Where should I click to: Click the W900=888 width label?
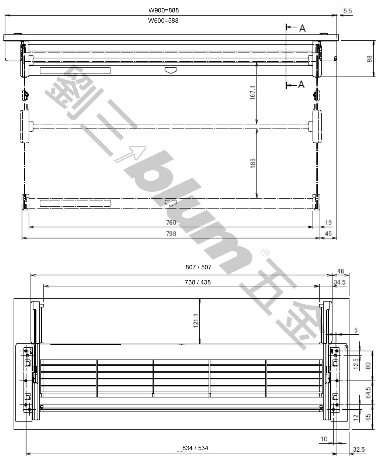(x=164, y=10)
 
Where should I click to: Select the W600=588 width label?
(x=163, y=21)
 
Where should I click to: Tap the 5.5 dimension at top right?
(x=347, y=11)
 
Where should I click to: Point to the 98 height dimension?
(x=369, y=59)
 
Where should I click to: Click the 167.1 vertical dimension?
(x=253, y=93)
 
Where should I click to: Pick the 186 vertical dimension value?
(x=253, y=163)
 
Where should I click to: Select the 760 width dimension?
(x=171, y=222)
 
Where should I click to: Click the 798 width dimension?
(x=171, y=234)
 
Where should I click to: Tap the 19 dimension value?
(x=328, y=222)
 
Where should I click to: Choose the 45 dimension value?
(x=328, y=234)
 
